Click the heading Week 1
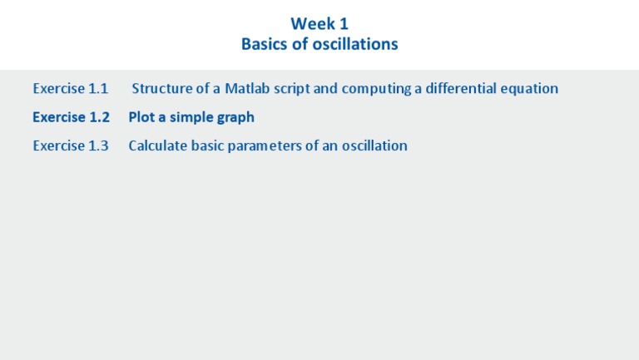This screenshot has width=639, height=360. pyautogui.click(x=319, y=24)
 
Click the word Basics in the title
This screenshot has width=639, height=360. pyautogui.click(x=265, y=44)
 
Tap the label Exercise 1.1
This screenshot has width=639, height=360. pyautogui.click(x=71, y=88)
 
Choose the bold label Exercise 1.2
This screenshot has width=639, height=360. pyautogui.click(x=71, y=117)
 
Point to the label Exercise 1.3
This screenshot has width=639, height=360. pyautogui.click(x=71, y=145)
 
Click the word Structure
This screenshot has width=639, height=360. pyautogui.click(x=162, y=88)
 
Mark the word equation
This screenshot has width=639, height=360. pyautogui.click(x=530, y=88)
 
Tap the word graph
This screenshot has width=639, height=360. pyautogui.click(x=236, y=117)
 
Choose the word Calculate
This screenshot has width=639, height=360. pyautogui.click(x=157, y=145)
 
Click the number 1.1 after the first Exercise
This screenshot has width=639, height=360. pyautogui.click(x=98, y=88)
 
